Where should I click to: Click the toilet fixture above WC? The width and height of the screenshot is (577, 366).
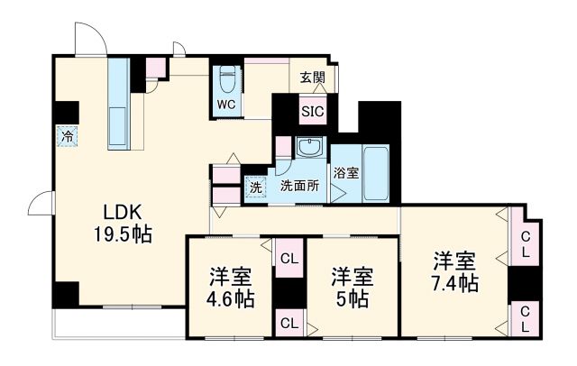226,80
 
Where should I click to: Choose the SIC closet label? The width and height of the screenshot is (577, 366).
313,113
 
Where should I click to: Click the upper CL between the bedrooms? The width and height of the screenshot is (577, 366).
289,260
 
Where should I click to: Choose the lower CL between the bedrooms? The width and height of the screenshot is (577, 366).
289,323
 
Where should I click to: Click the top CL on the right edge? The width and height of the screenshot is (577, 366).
523,243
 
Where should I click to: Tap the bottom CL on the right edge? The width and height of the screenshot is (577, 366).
523,316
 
